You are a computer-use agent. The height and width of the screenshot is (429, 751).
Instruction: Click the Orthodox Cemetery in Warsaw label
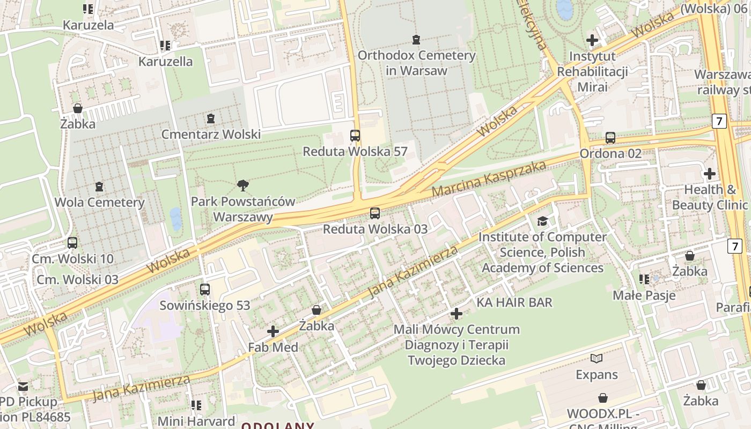pos(416,63)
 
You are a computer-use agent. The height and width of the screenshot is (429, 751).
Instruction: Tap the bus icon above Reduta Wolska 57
pos(355,136)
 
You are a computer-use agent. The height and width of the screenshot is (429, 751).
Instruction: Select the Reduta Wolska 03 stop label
pos(375,229)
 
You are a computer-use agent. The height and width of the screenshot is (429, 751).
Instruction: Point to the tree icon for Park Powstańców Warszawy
pos(243,186)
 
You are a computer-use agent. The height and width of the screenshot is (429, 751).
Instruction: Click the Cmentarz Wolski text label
pos(211,134)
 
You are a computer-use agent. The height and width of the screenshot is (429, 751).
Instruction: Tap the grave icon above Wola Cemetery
pos(99,187)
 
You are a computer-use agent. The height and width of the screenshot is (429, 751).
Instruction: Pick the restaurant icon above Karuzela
pos(89,9)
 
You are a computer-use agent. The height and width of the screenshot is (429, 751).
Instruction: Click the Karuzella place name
pos(165,62)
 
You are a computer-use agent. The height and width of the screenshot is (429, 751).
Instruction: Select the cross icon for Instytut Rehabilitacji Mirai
pos(592,40)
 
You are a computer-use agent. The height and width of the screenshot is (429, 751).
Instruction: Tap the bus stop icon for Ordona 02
pos(610,138)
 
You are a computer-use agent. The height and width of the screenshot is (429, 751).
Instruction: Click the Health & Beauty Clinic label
pos(709,197)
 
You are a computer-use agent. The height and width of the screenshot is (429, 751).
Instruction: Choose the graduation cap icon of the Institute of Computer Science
pos(542,221)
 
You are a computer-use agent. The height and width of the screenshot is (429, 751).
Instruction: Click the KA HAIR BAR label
pos(514,302)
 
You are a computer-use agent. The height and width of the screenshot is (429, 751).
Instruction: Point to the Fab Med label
pos(273,347)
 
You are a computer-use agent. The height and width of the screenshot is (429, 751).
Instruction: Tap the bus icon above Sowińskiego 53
pos(205,290)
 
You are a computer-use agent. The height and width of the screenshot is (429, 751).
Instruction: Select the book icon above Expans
pos(597,358)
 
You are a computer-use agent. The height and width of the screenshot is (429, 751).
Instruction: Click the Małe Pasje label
pos(644,295)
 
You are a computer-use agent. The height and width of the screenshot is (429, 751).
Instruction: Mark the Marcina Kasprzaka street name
pos(489,179)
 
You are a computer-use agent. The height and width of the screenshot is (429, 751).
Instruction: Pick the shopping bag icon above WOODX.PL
pos(603,398)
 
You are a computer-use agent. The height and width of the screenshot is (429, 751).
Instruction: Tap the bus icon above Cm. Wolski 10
pos(72,243)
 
